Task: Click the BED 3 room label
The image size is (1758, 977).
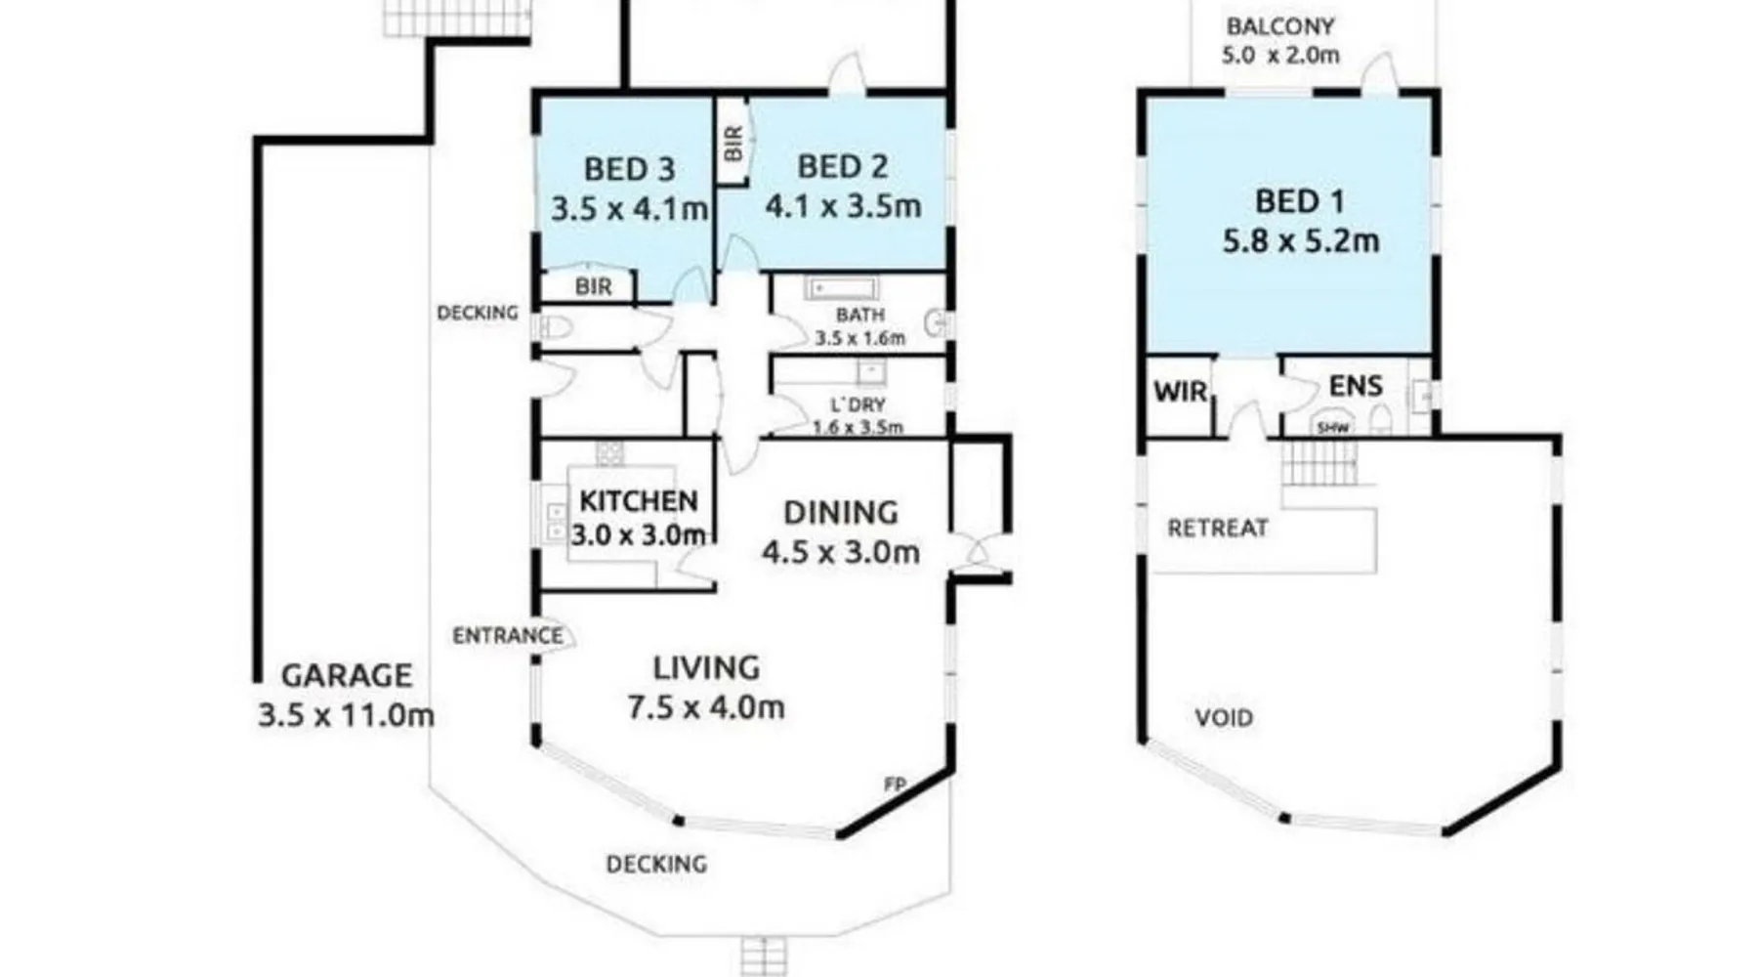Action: pyautogui.click(x=629, y=169)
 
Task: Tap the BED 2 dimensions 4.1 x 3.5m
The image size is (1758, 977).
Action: pyautogui.click(x=843, y=206)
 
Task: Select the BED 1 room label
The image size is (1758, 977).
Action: pyautogui.click(x=1300, y=201)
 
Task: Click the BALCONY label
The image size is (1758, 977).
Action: pyautogui.click(x=1280, y=26)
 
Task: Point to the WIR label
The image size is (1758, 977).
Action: pyautogui.click(x=1181, y=392)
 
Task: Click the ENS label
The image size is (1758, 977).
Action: pyautogui.click(x=1356, y=386)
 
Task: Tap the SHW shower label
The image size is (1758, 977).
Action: pyautogui.click(x=1332, y=428)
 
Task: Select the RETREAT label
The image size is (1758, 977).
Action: pyautogui.click(x=1218, y=528)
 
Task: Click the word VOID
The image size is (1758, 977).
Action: pyautogui.click(x=1224, y=718)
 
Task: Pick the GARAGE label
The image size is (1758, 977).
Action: pyautogui.click(x=346, y=675)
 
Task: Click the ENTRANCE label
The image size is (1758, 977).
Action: pyautogui.click(x=508, y=636)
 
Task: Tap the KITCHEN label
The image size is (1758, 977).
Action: pyautogui.click(x=639, y=500)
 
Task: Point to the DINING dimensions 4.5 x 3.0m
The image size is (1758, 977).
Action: pyautogui.click(x=841, y=552)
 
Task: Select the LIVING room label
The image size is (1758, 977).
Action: pyautogui.click(x=706, y=668)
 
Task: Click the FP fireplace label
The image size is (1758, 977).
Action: pyautogui.click(x=894, y=785)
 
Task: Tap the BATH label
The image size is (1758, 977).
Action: pyautogui.click(x=860, y=315)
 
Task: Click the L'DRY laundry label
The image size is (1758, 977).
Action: pyautogui.click(x=858, y=404)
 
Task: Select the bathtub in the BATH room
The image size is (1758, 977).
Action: pyautogui.click(x=841, y=288)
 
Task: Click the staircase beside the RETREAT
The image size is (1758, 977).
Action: pyautogui.click(x=1319, y=463)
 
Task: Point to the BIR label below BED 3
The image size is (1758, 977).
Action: pyautogui.click(x=594, y=286)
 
